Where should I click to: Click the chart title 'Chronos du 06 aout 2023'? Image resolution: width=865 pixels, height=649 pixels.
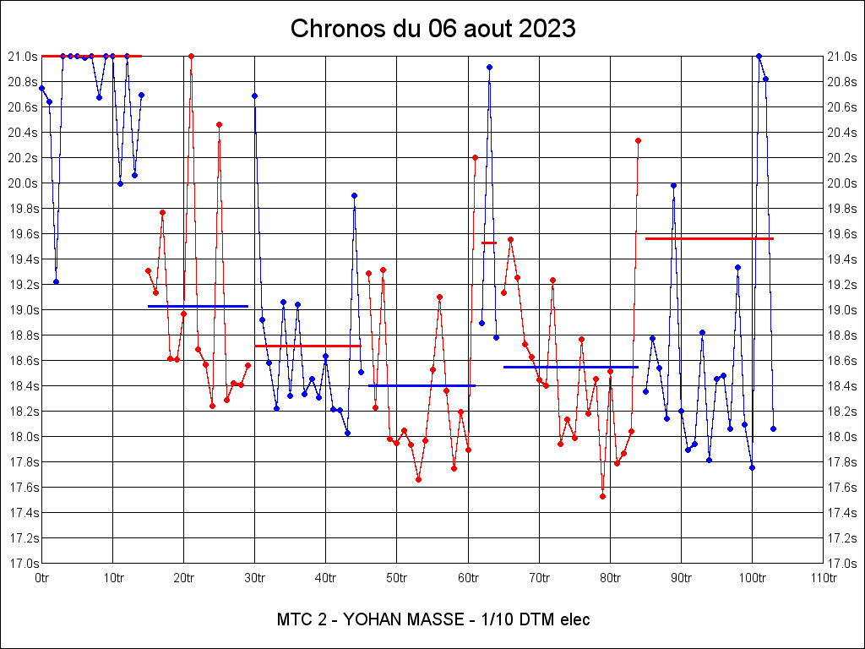(x=432, y=29)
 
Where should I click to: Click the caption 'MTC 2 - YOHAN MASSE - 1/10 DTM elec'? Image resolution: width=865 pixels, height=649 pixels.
(x=432, y=619)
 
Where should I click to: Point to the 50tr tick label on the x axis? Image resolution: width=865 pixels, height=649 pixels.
(x=397, y=578)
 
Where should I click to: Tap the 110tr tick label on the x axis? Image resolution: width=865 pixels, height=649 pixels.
(x=823, y=578)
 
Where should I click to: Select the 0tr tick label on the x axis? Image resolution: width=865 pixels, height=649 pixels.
(x=42, y=578)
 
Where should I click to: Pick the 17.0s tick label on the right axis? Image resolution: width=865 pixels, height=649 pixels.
(x=841, y=564)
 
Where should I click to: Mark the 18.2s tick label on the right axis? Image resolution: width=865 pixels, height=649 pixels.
(x=841, y=412)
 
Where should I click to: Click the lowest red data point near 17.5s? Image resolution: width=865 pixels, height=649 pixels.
(x=602, y=496)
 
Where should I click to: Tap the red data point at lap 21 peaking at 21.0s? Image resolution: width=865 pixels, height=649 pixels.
(x=191, y=56)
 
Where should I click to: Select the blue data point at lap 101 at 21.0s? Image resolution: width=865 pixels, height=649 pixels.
(x=759, y=56)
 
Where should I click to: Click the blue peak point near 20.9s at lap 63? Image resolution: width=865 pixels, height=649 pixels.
(x=489, y=67)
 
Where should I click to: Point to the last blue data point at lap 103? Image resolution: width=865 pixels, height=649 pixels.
(x=773, y=428)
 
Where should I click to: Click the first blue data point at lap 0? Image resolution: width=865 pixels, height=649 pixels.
(x=41, y=88)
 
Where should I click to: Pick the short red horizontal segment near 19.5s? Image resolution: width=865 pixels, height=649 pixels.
(x=489, y=243)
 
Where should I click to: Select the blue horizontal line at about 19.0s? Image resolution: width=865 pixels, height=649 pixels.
(x=198, y=306)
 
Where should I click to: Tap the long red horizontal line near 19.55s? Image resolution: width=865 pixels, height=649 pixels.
(x=710, y=239)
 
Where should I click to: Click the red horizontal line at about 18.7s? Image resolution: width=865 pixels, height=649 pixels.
(x=307, y=346)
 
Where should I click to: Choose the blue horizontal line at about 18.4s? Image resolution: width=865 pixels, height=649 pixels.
(x=422, y=385)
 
